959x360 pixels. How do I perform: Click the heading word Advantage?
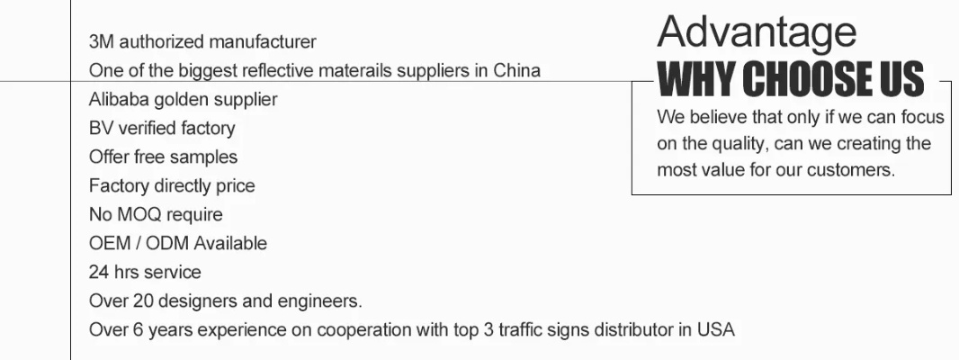click(757, 34)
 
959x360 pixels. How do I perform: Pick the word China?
click(516, 70)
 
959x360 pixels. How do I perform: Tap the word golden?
click(179, 99)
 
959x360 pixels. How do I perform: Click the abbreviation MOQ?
click(138, 214)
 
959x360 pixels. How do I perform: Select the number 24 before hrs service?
click(98, 272)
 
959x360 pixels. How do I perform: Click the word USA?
click(717, 329)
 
